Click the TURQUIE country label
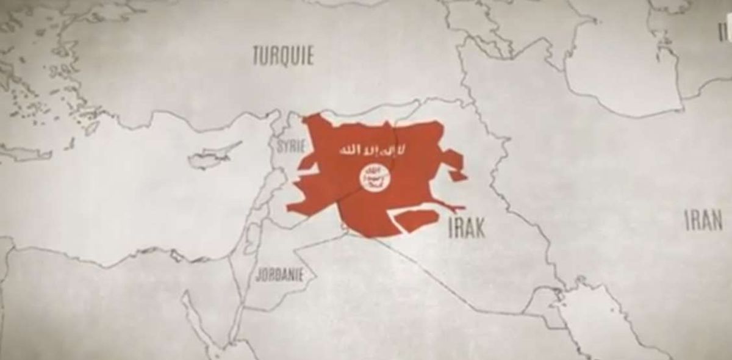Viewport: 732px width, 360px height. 283,56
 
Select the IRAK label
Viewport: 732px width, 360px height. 467,227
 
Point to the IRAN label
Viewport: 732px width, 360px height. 703,220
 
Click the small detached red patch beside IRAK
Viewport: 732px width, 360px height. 420,219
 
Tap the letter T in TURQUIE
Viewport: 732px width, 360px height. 257,56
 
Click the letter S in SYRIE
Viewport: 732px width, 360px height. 279,146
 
